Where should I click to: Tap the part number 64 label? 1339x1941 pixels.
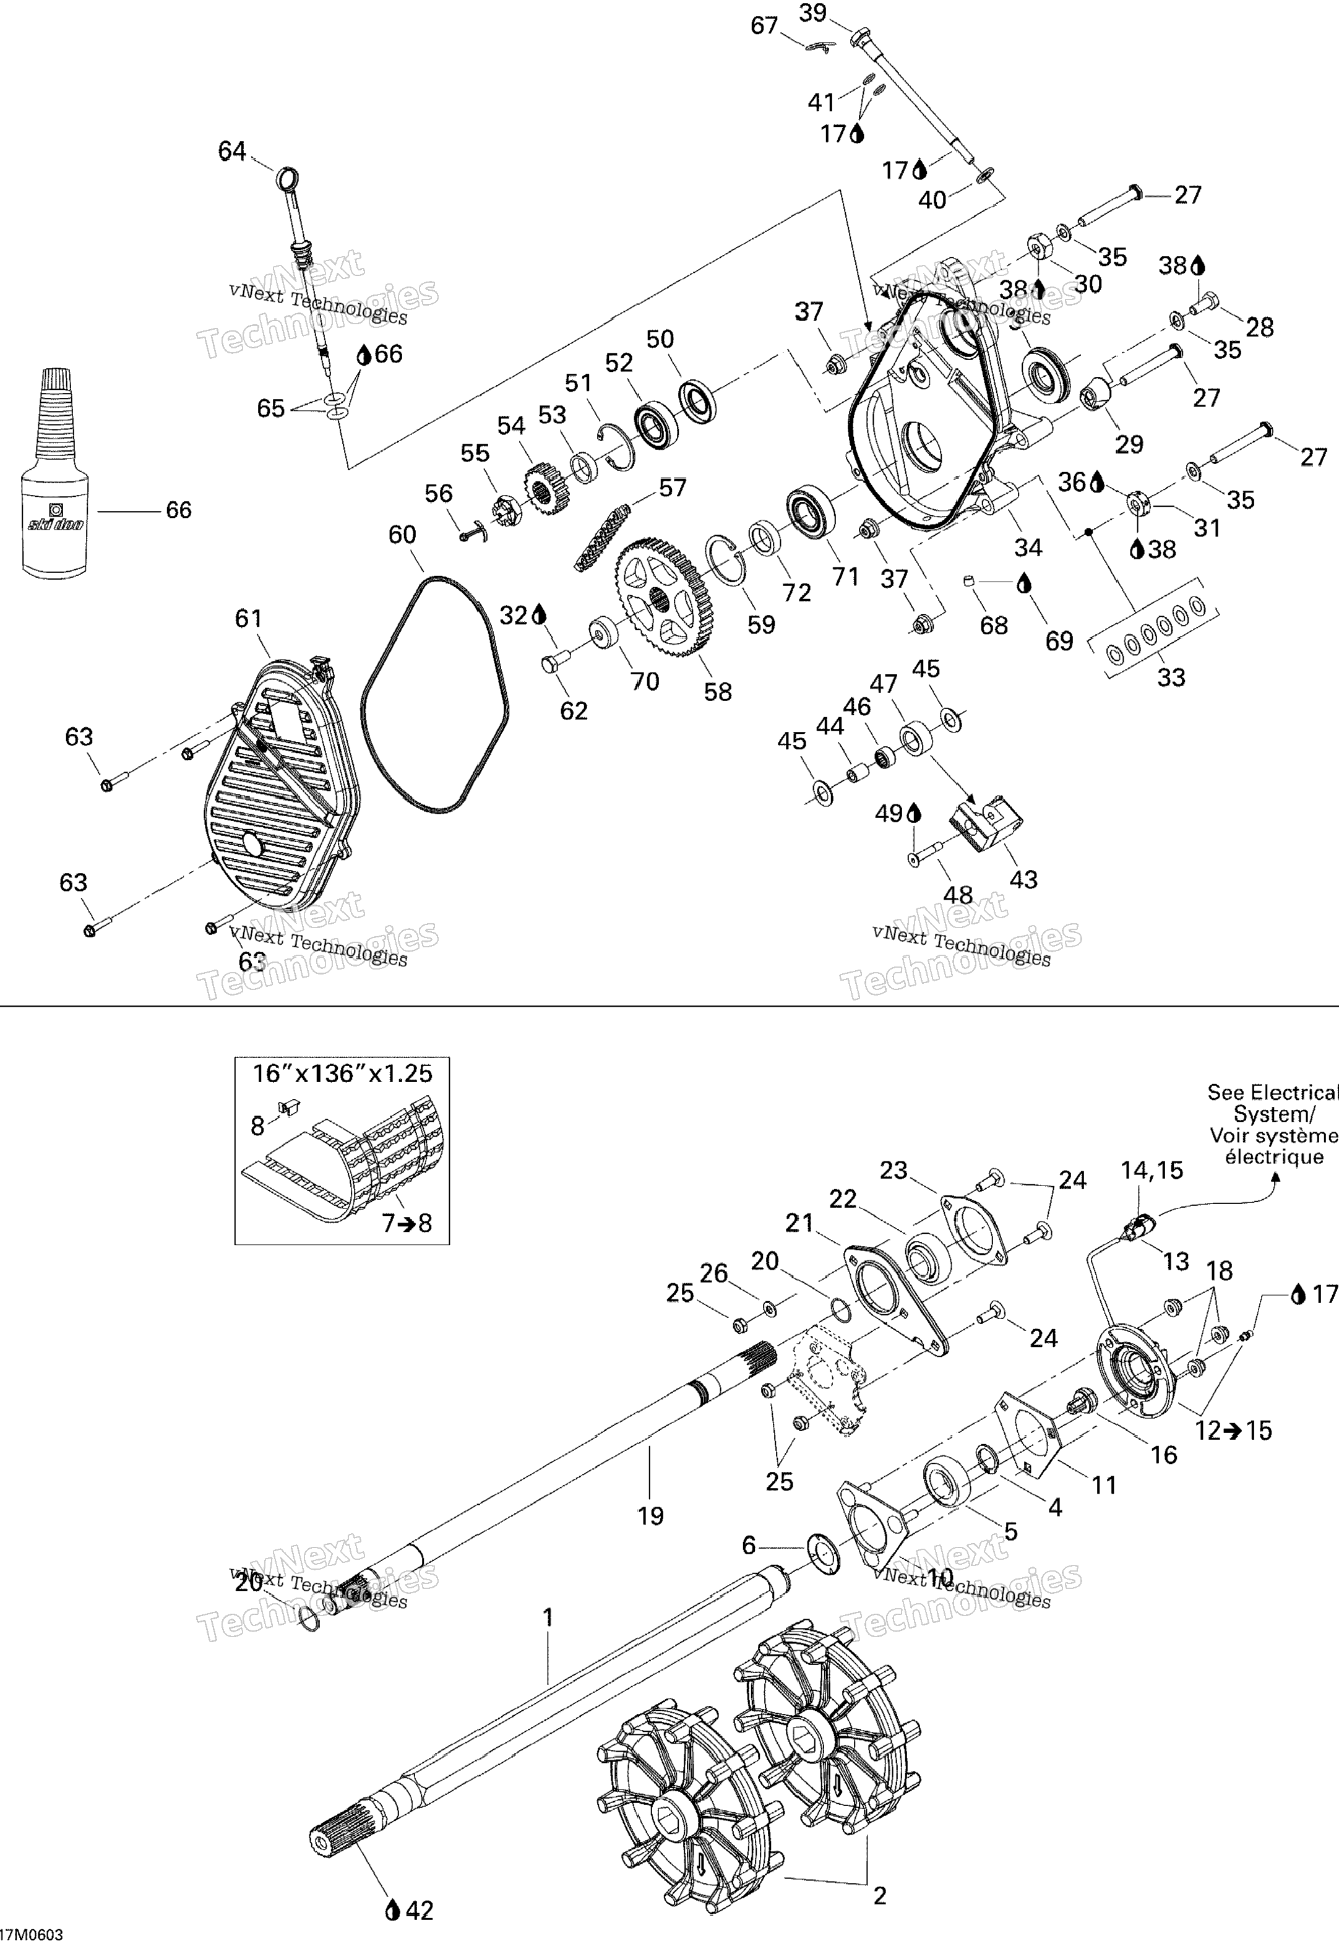point(233,151)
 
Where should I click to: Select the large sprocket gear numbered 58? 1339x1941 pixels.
point(658,597)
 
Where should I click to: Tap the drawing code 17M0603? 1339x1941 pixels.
point(32,1934)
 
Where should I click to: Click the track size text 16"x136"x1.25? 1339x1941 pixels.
point(342,1074)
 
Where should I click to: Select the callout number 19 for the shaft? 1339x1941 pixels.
point(650,1516)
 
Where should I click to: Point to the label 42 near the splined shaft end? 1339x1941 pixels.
point(420,1910)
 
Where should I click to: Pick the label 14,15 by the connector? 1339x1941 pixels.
point(1152,1170)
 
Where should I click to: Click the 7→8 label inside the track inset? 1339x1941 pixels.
point(407,1223)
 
